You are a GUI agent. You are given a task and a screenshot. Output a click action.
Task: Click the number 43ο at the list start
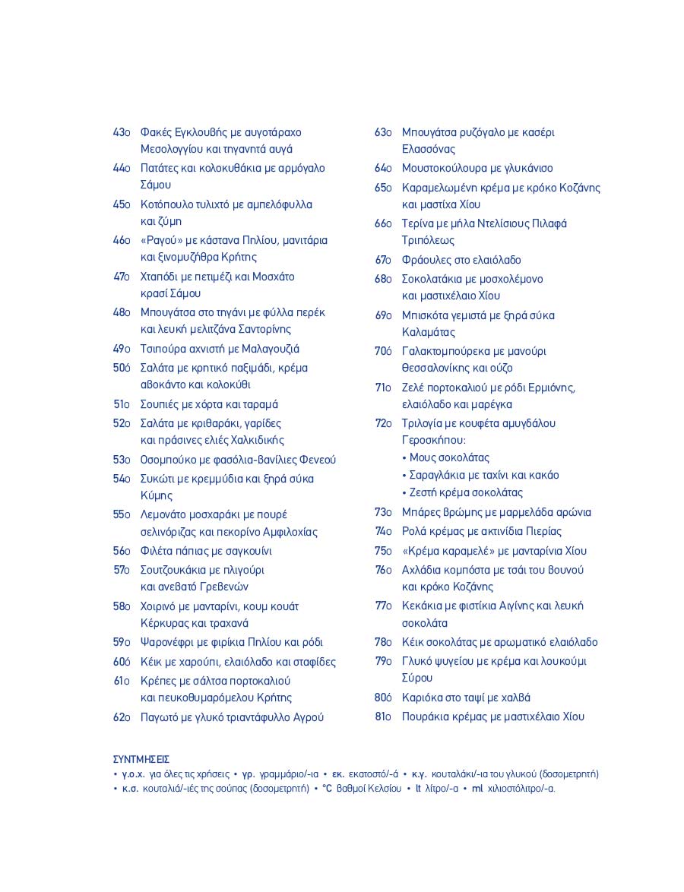(122, 133)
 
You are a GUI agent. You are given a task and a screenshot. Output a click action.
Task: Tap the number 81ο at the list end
(383, 716)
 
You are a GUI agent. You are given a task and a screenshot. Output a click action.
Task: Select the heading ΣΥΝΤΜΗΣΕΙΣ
(141, 759)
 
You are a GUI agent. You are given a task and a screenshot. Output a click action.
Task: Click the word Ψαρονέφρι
(167, 642)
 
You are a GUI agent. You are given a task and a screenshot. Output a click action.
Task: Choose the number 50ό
(122, 368)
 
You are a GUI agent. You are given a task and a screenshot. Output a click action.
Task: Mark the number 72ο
(383, 423)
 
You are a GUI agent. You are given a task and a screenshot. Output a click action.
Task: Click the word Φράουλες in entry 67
(426, 260)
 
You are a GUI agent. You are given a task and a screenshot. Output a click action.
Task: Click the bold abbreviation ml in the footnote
(477, 788)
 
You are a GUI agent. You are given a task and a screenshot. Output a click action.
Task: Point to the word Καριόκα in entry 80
(422, 697)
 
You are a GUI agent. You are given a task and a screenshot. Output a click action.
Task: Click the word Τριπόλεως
(428, 240)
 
